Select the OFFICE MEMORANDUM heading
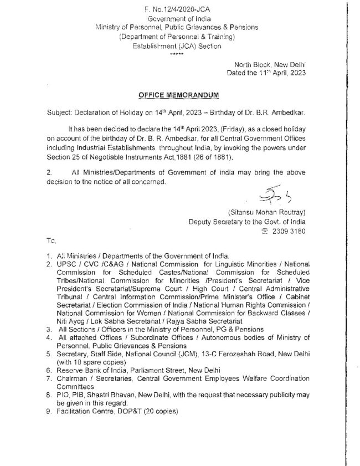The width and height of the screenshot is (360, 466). (x=179, y=95)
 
